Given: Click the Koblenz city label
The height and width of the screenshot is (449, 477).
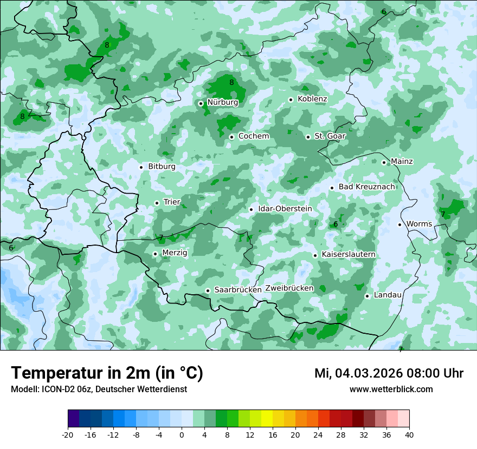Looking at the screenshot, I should point(312,99).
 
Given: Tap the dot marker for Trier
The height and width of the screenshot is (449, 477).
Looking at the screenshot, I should point(157,203).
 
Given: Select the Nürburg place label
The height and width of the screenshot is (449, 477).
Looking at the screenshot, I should point(222,102).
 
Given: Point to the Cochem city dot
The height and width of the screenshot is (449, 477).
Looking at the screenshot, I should point(231,137).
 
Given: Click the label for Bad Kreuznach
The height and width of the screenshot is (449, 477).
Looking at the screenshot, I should point(366,187).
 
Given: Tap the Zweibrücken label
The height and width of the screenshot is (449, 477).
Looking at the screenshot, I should point(289,288).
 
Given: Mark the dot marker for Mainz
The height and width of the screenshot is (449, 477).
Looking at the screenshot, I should point(384,162).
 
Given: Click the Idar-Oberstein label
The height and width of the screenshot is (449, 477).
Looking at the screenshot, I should point(285,209).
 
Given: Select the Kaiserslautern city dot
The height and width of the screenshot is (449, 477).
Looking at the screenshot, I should point(315,255).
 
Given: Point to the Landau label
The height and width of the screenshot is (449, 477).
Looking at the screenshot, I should point(388,295).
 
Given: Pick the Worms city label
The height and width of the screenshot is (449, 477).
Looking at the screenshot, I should point(419,224).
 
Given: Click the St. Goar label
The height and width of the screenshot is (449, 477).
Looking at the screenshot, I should point(330,136).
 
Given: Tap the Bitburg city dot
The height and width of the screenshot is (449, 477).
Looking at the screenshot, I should point(141,167).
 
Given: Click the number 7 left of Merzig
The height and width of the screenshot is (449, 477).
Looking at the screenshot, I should point(161,237).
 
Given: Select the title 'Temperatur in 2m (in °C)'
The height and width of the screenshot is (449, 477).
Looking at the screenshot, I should point(107,373).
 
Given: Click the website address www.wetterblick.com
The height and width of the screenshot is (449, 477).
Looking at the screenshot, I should point(391,389).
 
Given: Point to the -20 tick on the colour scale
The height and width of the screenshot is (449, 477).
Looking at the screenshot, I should point(68,435).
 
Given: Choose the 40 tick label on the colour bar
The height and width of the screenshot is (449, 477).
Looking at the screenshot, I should point(409,435).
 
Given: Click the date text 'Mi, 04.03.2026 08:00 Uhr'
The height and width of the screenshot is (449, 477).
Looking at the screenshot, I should point(389,373).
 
